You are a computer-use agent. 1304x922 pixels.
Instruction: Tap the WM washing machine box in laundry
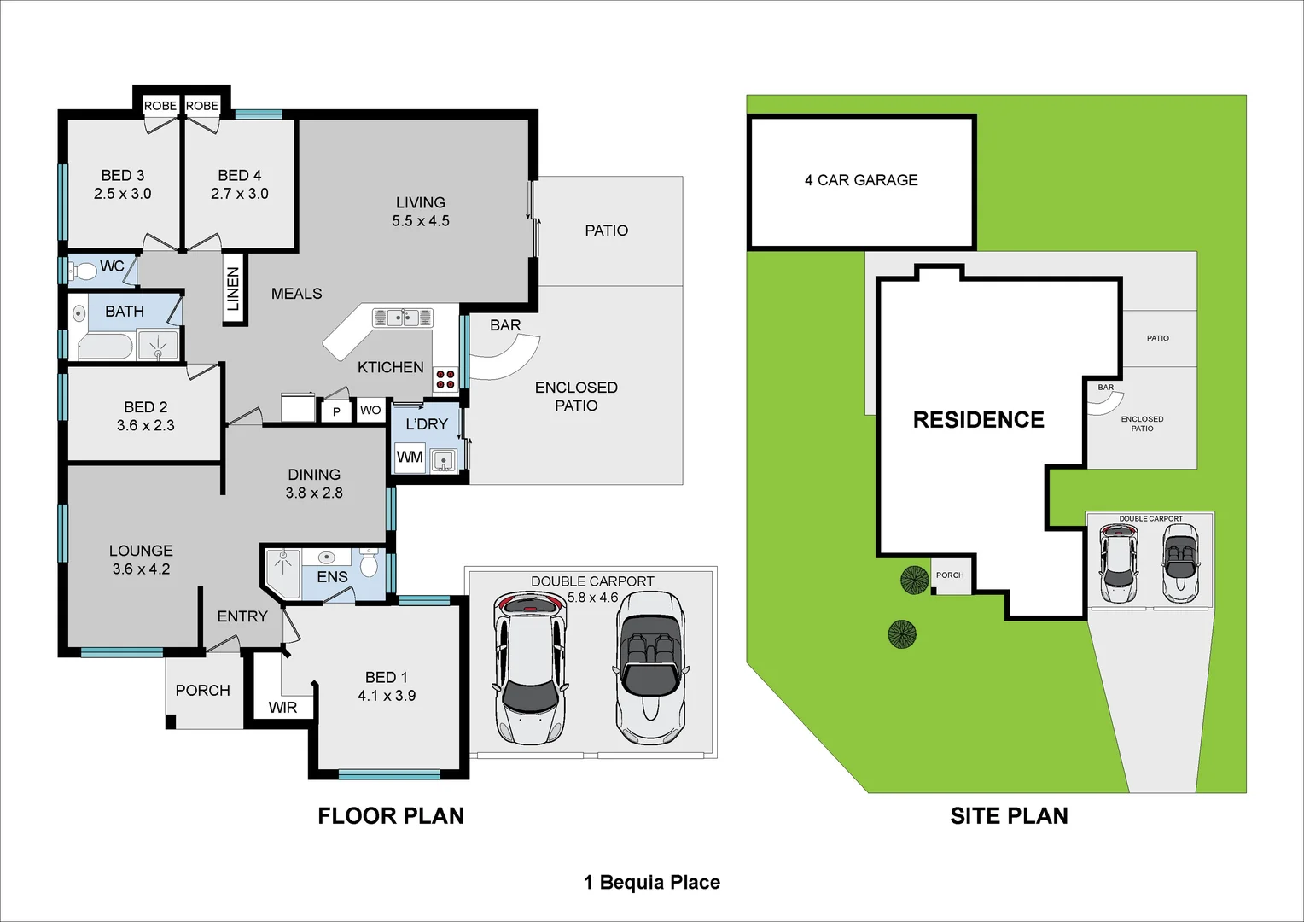[x=410, y=457]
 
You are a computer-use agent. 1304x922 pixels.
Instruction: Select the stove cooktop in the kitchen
[x=445, y=379]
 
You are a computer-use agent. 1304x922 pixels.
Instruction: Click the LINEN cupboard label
[x=234, y=289]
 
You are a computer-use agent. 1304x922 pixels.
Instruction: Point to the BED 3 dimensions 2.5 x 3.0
[x=122, y=194]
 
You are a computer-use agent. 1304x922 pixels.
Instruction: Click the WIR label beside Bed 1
[x=282, y=708]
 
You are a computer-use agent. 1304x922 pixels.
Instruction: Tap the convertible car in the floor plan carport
[x=650, y=668]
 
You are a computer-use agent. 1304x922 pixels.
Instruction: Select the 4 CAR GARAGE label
[x=861, y=180]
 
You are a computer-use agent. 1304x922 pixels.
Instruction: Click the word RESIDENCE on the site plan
[x=978, y=420]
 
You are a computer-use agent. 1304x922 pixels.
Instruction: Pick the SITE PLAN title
[x=1009, y=816]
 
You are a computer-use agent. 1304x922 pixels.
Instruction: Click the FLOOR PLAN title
[x=391, y=816]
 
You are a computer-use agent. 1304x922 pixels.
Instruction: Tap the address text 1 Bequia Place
[x=652, y=883]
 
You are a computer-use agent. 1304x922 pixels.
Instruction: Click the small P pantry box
[x=336, y=411]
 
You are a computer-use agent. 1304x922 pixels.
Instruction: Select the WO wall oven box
[x=370, y=411]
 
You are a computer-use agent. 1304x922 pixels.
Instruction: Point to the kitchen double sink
[x=403, y=318]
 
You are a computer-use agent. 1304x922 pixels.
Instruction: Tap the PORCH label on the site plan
[x=950, y=575]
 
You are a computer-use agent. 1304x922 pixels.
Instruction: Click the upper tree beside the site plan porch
[x=914, y=581]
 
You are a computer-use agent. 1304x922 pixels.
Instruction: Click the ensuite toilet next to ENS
[x=369, y=564]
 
